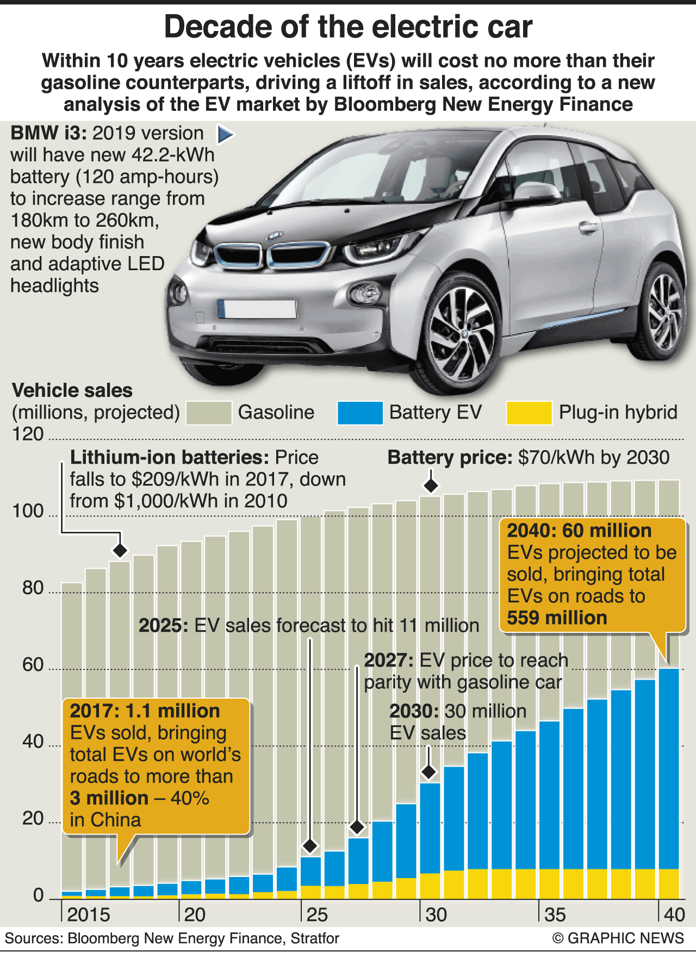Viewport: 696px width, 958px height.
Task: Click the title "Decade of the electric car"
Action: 348,27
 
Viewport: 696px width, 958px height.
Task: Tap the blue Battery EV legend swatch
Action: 359,413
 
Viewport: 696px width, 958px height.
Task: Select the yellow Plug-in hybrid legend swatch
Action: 529,413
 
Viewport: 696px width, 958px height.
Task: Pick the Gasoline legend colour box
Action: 208,413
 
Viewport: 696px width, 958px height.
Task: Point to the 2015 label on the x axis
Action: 89,914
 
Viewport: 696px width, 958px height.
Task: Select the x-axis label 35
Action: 555,914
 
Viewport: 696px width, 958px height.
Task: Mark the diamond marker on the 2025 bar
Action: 310,845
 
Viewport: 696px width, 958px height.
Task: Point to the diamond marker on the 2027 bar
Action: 357,827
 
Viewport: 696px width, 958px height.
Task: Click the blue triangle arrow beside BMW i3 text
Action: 225,134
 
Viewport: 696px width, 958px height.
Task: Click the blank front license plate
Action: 257,309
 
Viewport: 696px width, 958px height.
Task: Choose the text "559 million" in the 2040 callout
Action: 557,618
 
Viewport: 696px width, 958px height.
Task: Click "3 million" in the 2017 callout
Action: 109,798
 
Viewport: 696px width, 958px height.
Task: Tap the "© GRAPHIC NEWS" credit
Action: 618,938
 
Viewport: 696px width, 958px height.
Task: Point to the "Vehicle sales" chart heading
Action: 72,390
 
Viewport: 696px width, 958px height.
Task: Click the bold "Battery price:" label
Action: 450,457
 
